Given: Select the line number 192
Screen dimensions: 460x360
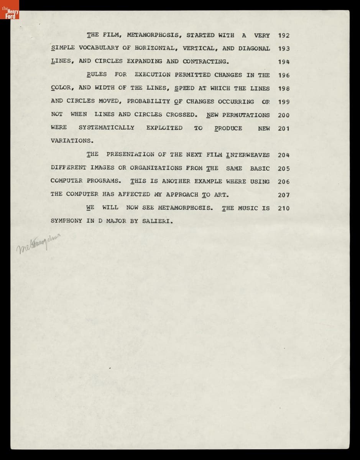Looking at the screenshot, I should tap(284, 36).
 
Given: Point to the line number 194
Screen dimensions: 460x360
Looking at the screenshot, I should tap(284, 62).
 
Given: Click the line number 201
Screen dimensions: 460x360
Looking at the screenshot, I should tap(284, 128).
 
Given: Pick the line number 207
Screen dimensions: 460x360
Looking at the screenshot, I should tap(284, 195).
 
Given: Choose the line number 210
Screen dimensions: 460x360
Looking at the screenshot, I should tap(284, 209).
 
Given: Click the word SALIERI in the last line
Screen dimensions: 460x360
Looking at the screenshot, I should tap(157, 221).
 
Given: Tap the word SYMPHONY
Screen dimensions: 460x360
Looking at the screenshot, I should tap(66, 221).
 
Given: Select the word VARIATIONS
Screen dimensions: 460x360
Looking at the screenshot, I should tap(72, 141).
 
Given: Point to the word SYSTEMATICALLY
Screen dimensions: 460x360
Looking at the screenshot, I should tap(106, 128).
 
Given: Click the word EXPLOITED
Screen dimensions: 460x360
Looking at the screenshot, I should tap(164, 128).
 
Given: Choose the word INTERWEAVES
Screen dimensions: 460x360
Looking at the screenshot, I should tap(248, 155).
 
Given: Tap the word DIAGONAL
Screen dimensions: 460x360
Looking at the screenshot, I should tap(254, 49).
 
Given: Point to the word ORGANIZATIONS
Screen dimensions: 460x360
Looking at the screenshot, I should tap(156, 168).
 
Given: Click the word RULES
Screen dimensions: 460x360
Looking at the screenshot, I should tap(97, 75).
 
